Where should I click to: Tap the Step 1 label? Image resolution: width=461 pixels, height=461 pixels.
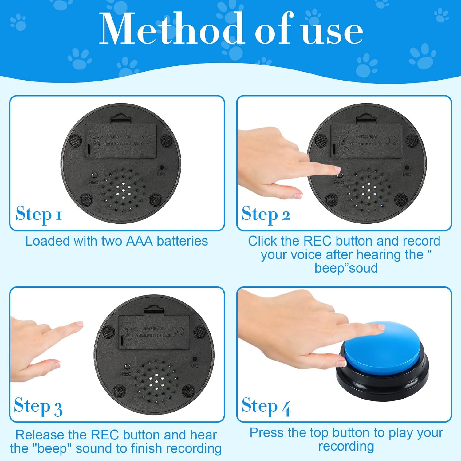coord(39,214)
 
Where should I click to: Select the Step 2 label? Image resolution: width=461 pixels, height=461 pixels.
coord(266,214)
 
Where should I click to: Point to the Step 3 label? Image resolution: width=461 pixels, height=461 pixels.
coord(38,406)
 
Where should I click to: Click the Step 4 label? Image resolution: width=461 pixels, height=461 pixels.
coord(266,406)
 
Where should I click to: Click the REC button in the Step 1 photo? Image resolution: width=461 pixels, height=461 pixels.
coord(95,175)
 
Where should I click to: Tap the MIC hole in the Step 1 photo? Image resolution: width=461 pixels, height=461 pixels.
coord(161,168)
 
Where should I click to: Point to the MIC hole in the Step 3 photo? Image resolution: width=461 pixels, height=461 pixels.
coord(194,359)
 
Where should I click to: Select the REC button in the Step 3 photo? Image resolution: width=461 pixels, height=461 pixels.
coord(127,367)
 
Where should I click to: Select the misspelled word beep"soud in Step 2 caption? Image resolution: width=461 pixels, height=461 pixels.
coord(346,268)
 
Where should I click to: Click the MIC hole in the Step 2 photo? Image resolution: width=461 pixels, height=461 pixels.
coord(407,168)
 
